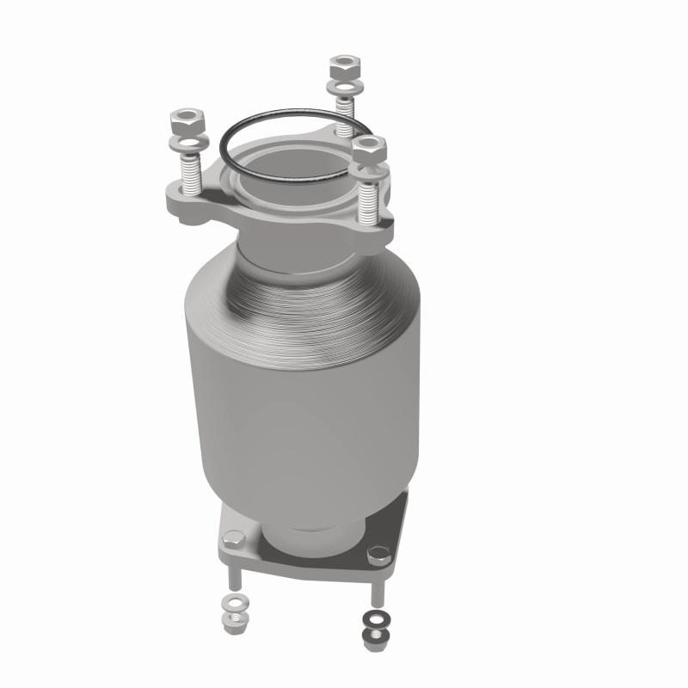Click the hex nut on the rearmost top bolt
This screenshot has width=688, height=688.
[339, 67]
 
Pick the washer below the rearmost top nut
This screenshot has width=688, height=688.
[341, 87]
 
